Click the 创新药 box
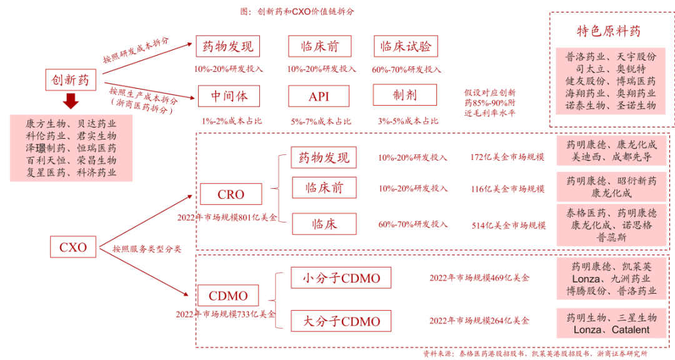(70, 79)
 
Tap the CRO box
(231, 194)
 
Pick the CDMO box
(227, 296)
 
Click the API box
(319, 96)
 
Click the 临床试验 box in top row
(406, 46)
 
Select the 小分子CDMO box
(341, 278)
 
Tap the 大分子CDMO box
(341, 321)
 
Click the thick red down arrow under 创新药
(71, 101)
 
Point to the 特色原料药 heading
(608, 31)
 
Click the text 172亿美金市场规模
(507, 157)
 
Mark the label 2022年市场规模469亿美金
(479, 277)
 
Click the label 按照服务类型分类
(147, 249)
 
